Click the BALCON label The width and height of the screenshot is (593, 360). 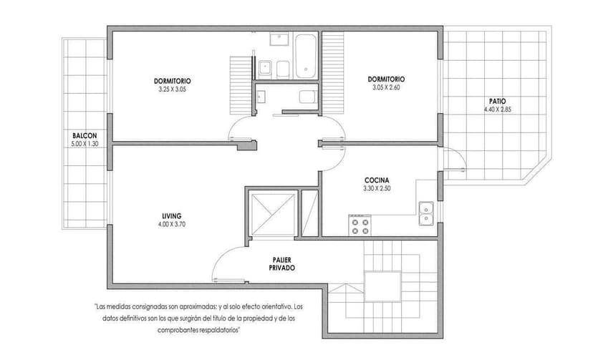point(84,136)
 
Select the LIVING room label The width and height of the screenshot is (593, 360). point(171,215)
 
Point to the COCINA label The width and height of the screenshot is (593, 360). point(376,180)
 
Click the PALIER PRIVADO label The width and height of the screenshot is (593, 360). point(282,263)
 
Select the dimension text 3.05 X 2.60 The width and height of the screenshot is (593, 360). point(386,87)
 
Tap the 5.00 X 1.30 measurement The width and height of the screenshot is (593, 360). point(84,144)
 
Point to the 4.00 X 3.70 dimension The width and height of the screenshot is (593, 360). point(171,224)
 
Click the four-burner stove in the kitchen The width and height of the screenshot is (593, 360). point(361,225)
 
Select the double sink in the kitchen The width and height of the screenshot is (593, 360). point(425,213)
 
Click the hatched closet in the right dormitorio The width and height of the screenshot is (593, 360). point(334,72)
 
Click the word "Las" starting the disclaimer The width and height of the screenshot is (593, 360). point(102,308)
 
